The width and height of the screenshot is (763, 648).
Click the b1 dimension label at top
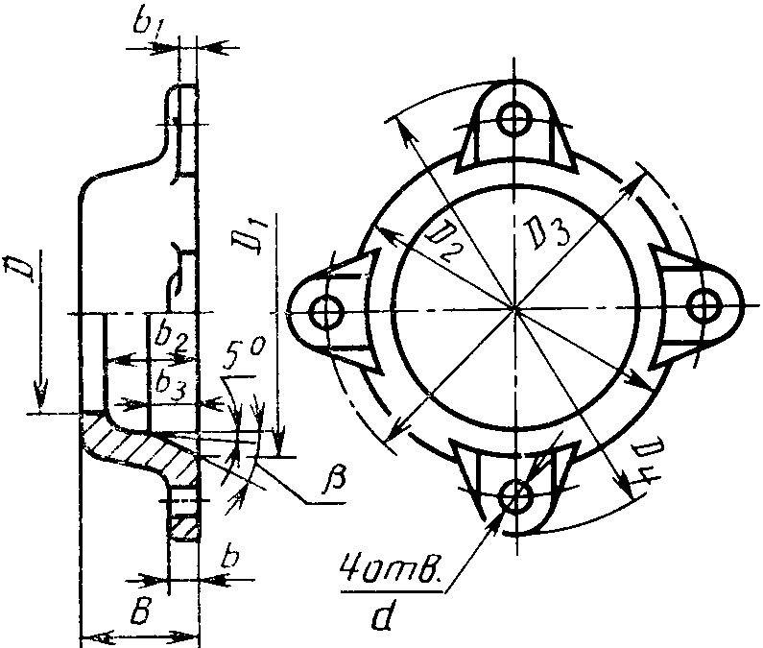(x=149, y=23)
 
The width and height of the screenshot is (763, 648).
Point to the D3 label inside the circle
(x=547, y=233)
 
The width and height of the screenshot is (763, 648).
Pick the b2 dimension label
(x=171, y=337)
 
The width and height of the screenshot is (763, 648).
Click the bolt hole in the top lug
(x=513, y=119)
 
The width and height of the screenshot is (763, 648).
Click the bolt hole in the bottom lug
(x=514, y=495)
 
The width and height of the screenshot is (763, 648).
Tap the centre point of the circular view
(x=514, y=308)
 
